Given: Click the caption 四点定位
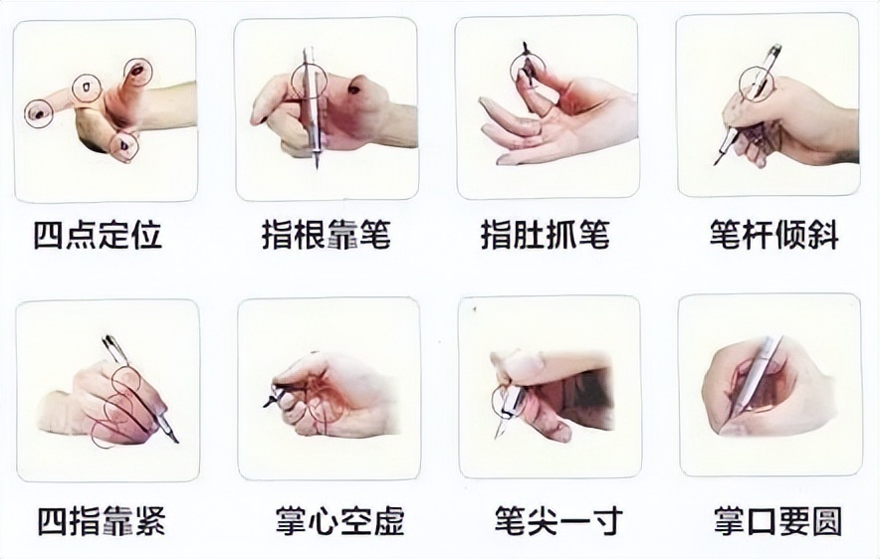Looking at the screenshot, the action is point(99,235).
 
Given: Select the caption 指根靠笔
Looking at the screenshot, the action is point(327,235).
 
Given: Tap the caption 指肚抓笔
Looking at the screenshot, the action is point(546,235).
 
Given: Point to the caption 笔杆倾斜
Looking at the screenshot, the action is point(774,235).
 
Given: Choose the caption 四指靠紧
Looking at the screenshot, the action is point(102,521).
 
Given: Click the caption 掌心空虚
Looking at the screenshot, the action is point(340,521).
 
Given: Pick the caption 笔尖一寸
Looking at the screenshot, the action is point(558,521).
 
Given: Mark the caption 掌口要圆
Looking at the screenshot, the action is point(778,521).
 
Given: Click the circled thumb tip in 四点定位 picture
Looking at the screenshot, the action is point(138,73).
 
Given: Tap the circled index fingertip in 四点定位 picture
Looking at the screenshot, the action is point(39,113).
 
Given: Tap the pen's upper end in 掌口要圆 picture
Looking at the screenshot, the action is point(776,340).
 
